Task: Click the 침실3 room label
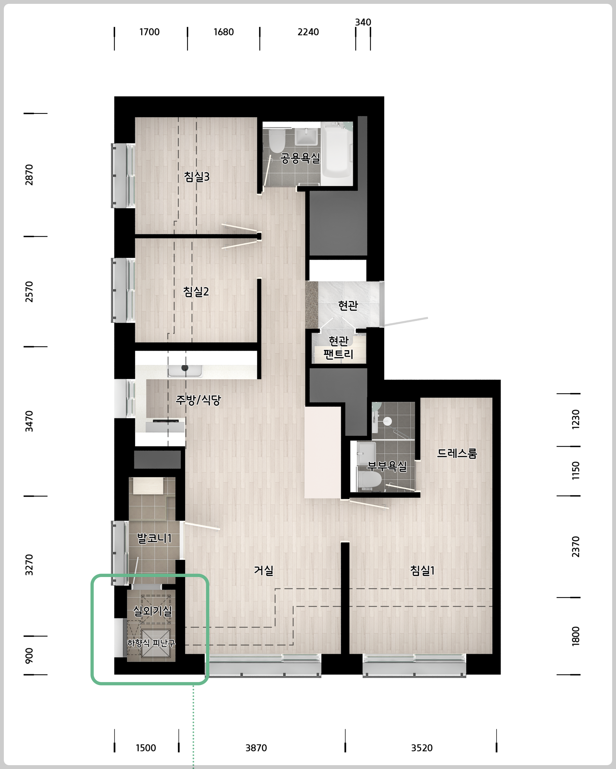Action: (x=197, y=177)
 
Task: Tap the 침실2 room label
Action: (x=196, y=291)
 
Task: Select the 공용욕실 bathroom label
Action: (x=300, y=158)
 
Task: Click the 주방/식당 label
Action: (x=198, y=400)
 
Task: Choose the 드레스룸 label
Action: (x=457, y=453)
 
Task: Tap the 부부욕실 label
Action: (x=387, y=466)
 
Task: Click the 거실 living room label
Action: (x=263, y=570)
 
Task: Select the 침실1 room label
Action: (x=422, y=570)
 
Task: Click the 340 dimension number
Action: (x=363, y=22)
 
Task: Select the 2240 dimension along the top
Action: (x=308, y=32)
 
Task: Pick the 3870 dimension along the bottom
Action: (x=256, y=748)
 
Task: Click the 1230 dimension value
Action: (x=576, y=419)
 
